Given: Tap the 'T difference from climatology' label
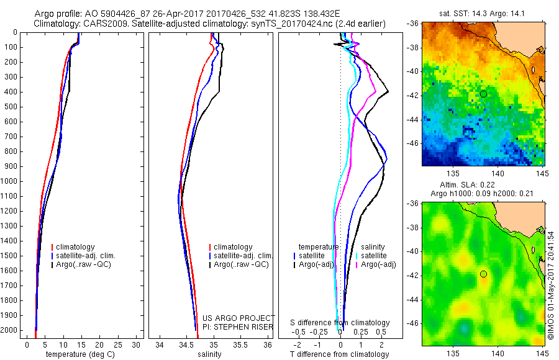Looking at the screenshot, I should (340, 354).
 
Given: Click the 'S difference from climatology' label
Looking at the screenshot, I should (340, 323).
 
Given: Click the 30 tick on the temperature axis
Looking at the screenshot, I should (137, 344).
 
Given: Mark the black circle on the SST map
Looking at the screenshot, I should (483, 94).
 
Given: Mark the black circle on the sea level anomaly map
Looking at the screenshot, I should (483, 274).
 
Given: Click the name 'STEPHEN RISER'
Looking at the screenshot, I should (239, 327).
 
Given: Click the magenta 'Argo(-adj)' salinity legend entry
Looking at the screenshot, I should (378, 265).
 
